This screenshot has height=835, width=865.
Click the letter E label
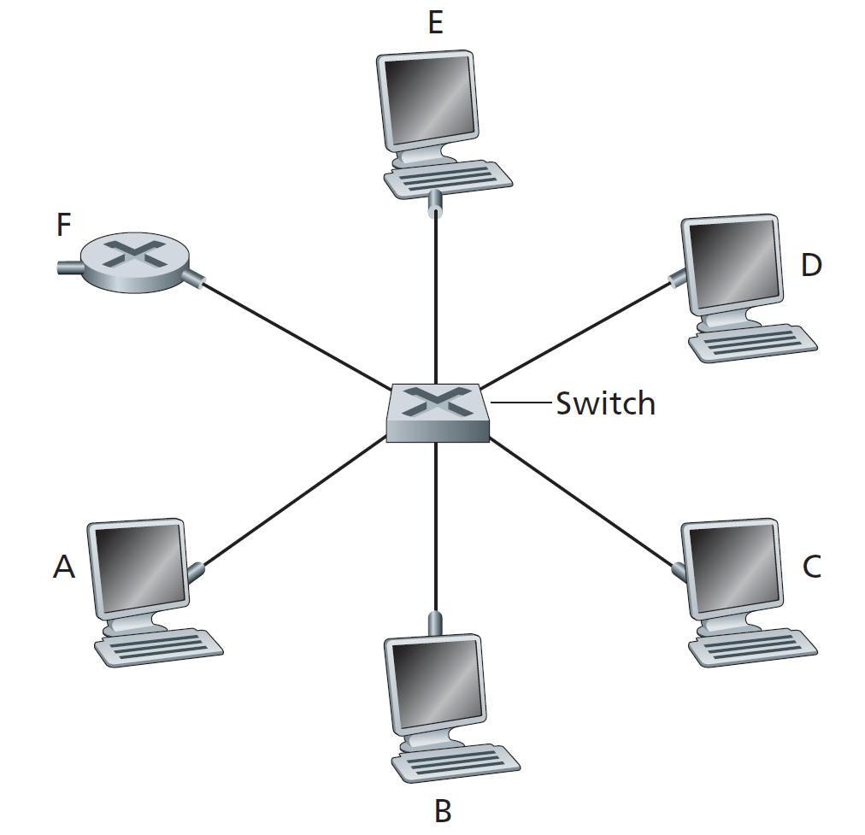point(435,23)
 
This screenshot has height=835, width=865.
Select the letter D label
point(810,266)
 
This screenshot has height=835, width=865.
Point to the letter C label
point(811,566)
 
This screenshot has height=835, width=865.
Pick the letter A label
point(64,566)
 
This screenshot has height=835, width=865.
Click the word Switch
point(605,403)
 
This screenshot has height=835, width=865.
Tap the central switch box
point(438,412)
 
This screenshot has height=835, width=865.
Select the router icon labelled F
point(132,263)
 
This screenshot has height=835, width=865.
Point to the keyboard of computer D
point(752,342)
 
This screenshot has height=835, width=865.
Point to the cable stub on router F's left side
point(67,269)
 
